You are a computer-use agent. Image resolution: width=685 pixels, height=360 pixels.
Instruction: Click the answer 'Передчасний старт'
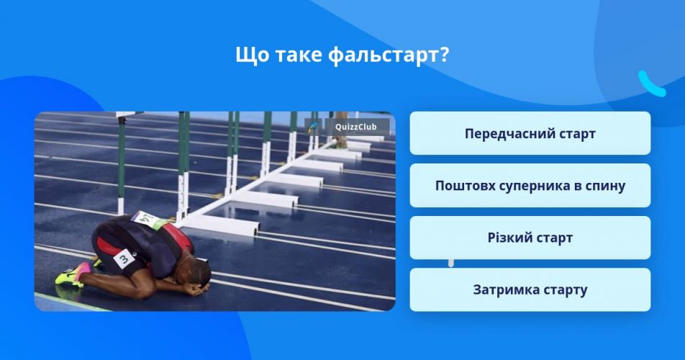[530, 133]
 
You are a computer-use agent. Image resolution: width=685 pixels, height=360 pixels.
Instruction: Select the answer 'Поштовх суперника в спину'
[530, 185]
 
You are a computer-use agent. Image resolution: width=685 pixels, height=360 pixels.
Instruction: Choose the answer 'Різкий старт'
[530, 237]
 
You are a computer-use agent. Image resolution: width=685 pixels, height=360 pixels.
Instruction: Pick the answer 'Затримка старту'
[530, 289]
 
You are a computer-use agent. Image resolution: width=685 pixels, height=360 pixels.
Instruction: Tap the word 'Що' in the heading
[252, 55]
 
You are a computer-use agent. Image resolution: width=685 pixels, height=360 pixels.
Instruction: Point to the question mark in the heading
[444, 54]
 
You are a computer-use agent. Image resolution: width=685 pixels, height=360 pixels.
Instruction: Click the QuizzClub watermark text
[355, 127]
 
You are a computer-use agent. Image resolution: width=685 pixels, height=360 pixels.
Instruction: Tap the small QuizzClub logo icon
[314, 127]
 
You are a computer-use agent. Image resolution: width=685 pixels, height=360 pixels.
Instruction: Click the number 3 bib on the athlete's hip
[124, 258]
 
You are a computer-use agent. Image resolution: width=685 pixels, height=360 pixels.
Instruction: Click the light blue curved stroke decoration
[652, 84]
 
